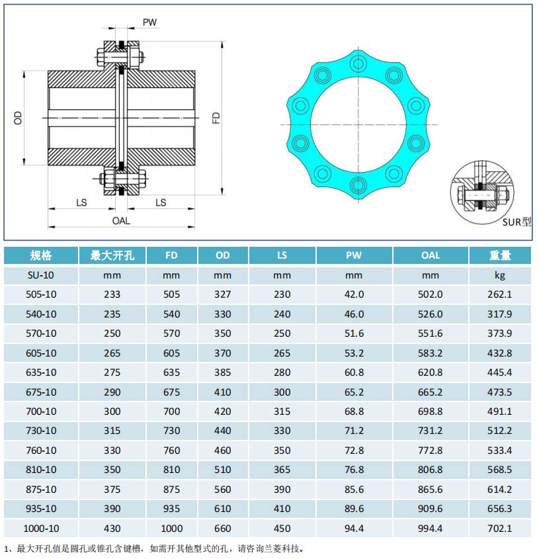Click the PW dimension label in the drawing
point(149,22)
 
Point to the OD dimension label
point(19,118)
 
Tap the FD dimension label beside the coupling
point(216,118)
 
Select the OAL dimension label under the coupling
point(121,220)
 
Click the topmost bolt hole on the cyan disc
point(358,64)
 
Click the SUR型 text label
point(516,222)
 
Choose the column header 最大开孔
point(112,255)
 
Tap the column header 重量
point(500,255)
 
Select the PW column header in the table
point(354,255)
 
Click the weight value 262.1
point(500,294)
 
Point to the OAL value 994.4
point(431,529)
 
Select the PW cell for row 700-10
point(354,411)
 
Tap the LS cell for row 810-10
point(282,470)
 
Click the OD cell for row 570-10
point(223,333)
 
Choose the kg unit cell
point(500,275)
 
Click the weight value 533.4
point(500,451)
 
